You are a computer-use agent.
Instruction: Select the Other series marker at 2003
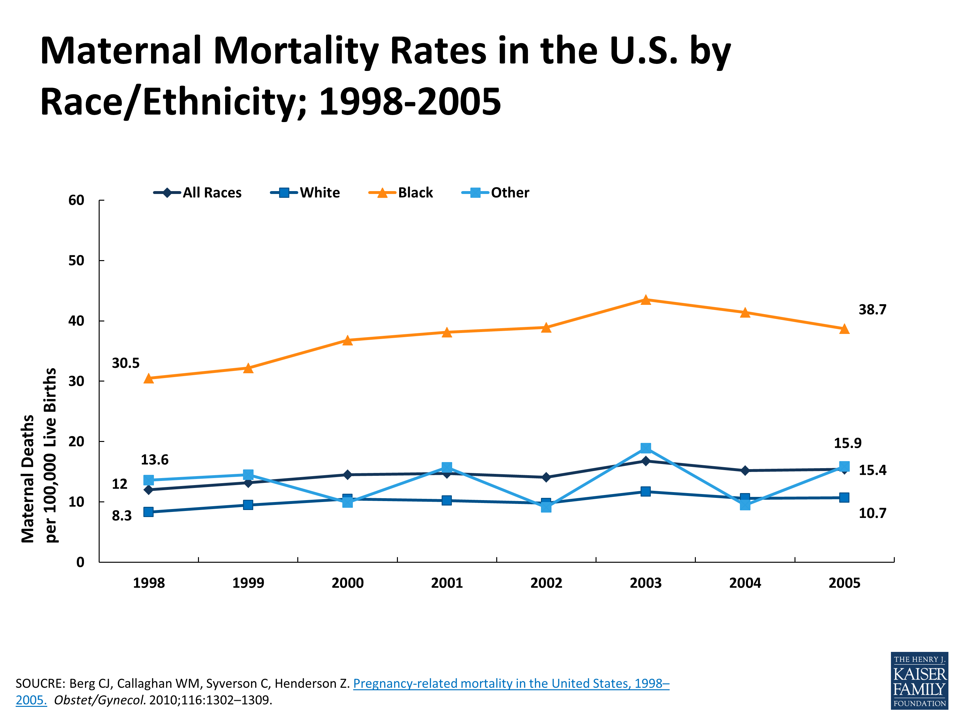(x=645, y=448)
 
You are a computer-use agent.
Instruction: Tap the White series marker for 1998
(x=148, y=512)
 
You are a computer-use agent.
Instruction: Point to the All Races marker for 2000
(x=347, y=475)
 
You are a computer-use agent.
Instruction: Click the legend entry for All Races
(x=198, y=192)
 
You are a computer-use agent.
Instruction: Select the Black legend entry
(x=401, y=192)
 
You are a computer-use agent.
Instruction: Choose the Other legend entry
(x=496, y=192)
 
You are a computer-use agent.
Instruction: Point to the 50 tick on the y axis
(x=76, y=260)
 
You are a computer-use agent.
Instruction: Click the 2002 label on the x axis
(x=546, y=583)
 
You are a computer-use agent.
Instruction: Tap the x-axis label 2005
(x=844, y=583)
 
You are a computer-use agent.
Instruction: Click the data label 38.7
(x=872, y=309)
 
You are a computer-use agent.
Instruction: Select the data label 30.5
(x=125, y=363)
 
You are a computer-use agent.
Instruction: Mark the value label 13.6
(x=154, y=460)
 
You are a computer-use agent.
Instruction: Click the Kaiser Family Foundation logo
(x=919, y=681)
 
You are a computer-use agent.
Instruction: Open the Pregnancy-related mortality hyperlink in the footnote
(x=511, y=684)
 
